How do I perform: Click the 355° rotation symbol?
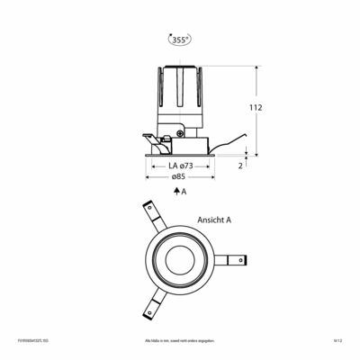[x=180, y=39]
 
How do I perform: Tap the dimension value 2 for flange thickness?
[x=241, y=166]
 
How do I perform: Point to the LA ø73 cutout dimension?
[x=180, y=166]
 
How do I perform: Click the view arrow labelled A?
[x=179, y=192]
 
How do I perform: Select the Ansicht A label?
[x=214, y=219]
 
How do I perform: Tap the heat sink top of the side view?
[x=180, y=72]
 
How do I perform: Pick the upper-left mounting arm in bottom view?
[x=151, y=216]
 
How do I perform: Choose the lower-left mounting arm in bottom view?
[x=149, y=302]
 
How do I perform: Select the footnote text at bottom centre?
[x=180, y=341]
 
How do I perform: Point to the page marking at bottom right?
[x=338, y=341]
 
